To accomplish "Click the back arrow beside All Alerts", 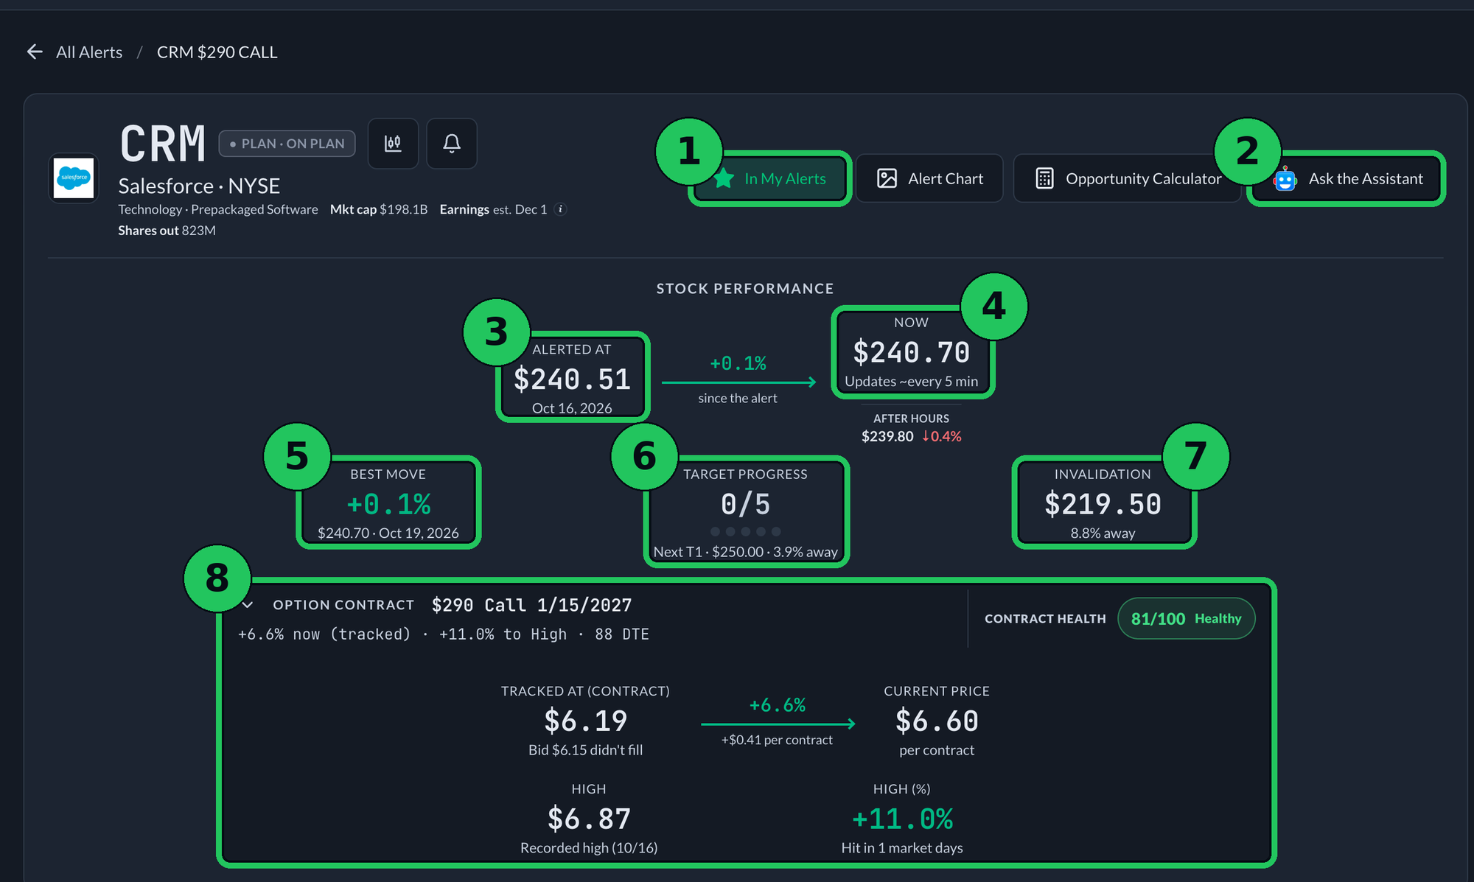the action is tap(35, 52).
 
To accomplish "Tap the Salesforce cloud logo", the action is tap(74, 178).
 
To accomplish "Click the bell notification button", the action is tap(452, 143).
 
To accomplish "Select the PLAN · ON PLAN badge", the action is tap(287, 144).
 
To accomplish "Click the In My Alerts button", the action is tap(771, 178).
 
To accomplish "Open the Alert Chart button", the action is tap(929, 178).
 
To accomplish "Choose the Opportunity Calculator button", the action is tap(1128, 178).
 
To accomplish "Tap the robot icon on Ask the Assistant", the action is tap(1285, 179).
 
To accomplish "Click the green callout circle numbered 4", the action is tap(994, 306).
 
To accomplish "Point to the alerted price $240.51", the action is tap(572, 379).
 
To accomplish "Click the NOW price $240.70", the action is tap(912, 352).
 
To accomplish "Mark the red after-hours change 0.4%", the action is tap(942, 436).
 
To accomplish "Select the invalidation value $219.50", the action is tap(1103, 504).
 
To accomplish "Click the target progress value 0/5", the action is tap(745, 504).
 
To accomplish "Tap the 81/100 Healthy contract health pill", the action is tap(1187, 618).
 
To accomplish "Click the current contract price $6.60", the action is tap(937, 721).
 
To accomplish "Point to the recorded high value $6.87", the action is tap(589, 819).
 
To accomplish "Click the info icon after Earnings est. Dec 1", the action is tap(561, 209).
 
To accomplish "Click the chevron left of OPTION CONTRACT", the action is tap(248, 605).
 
